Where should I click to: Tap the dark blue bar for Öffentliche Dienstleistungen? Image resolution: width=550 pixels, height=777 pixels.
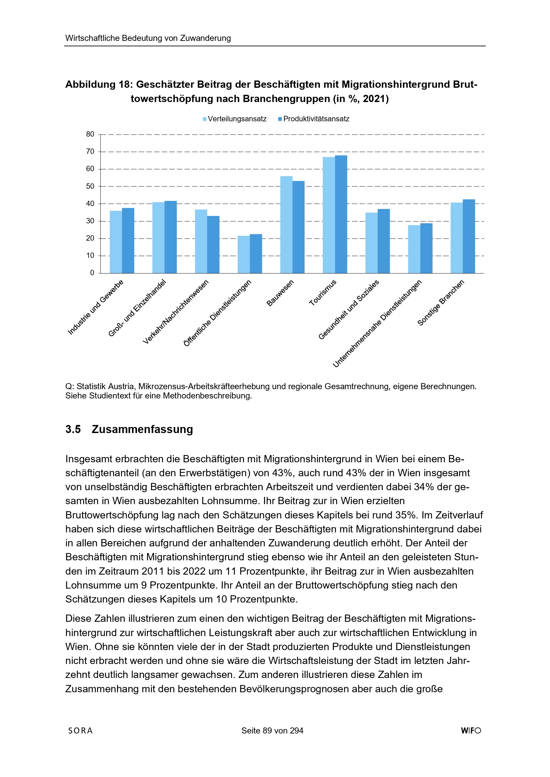256,254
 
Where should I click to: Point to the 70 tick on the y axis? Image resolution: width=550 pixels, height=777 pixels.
90,152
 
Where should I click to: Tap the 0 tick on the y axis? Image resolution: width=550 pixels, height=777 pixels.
92,273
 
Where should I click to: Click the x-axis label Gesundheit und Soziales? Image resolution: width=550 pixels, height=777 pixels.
349,309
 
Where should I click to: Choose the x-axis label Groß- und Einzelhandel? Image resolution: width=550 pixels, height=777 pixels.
137,308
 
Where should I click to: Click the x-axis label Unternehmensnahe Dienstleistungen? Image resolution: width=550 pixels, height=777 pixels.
377,323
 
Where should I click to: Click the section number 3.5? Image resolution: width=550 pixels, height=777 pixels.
73,429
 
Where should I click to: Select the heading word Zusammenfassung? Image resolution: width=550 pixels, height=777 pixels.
142,429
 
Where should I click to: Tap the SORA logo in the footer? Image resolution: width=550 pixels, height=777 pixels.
80,730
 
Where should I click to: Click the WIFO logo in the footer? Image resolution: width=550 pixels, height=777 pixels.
471,730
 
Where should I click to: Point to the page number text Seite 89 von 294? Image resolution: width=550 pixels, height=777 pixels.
272,730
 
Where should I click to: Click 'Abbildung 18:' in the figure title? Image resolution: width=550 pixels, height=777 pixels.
98,84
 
